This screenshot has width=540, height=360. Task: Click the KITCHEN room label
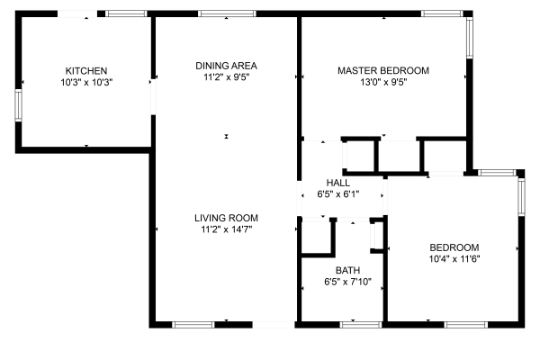point(86,70)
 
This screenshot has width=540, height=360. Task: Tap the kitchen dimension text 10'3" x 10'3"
point(86,82)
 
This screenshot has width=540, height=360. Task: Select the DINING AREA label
point(227,65)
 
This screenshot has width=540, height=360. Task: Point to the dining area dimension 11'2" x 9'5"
point(227,76)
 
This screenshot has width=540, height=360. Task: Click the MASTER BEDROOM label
point(383,70)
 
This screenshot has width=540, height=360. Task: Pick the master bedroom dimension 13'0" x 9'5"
point(383,82)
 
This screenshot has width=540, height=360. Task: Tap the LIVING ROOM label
point(227,218)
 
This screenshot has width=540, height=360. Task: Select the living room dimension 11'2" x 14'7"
point(227,229)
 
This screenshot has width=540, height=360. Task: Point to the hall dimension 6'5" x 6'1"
point(338,194)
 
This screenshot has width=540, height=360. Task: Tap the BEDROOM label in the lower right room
point(454,247)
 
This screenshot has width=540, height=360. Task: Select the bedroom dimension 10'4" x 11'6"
point(454,259)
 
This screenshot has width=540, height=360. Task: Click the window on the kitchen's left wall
point(17,104)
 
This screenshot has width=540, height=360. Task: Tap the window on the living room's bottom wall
point(193,323)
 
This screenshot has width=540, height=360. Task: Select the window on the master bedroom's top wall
point(441,13)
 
